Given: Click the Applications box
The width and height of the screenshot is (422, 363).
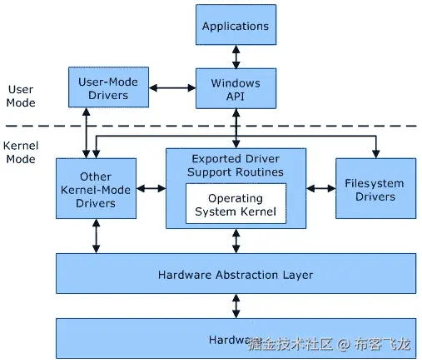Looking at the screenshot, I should pos(236,25).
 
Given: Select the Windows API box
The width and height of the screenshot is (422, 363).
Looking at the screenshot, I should pos(236,89).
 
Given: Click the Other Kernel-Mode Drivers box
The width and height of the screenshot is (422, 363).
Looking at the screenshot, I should pos(96,190).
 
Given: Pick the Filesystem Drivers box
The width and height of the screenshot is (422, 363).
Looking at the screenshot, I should pos(375,189).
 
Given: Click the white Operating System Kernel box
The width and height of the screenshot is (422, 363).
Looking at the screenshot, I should pos(236,205).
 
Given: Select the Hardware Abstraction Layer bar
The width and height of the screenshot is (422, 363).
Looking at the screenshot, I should pos(236,274).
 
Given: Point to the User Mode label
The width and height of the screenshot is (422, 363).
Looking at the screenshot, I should pos(21,96).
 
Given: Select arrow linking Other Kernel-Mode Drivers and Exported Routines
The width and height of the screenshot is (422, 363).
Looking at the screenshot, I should pos(151,189).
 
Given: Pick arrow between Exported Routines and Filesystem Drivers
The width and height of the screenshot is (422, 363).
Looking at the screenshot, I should pos(320,189).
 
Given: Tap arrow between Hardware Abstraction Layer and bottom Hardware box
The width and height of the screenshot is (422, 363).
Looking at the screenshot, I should pos(236,306).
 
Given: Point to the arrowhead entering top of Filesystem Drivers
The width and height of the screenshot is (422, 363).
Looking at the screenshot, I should pos(375,153).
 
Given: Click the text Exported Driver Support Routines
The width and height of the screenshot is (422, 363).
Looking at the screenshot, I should pos(236,165).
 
